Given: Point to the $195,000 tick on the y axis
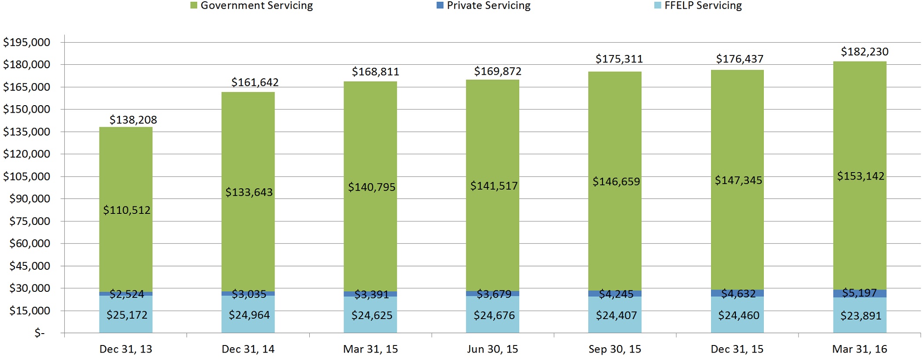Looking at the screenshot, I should click(27, 42).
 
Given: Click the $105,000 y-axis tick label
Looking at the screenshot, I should click(27, 176).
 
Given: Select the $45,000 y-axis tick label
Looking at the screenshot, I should click(30, 266).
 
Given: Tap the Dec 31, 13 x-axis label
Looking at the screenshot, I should click(126, 349).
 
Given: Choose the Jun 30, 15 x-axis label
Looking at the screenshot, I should click(492, 349).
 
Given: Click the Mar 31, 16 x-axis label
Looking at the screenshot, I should click(860, 349).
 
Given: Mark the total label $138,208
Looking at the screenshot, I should click(133, 120).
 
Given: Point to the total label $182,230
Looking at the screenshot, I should click(865, 52).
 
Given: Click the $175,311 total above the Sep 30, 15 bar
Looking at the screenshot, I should click(619, 59).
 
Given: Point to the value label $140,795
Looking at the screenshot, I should click(371, 187).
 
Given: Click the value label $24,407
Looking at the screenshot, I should click(616, 316).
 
